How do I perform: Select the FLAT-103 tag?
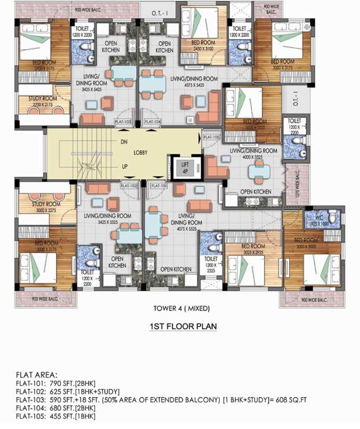click(x=122, y=121)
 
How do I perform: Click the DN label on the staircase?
click(x=124, y=142)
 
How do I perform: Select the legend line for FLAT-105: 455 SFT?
click(x=55, y=417)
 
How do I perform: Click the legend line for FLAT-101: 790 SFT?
click(x=55, y=383)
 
